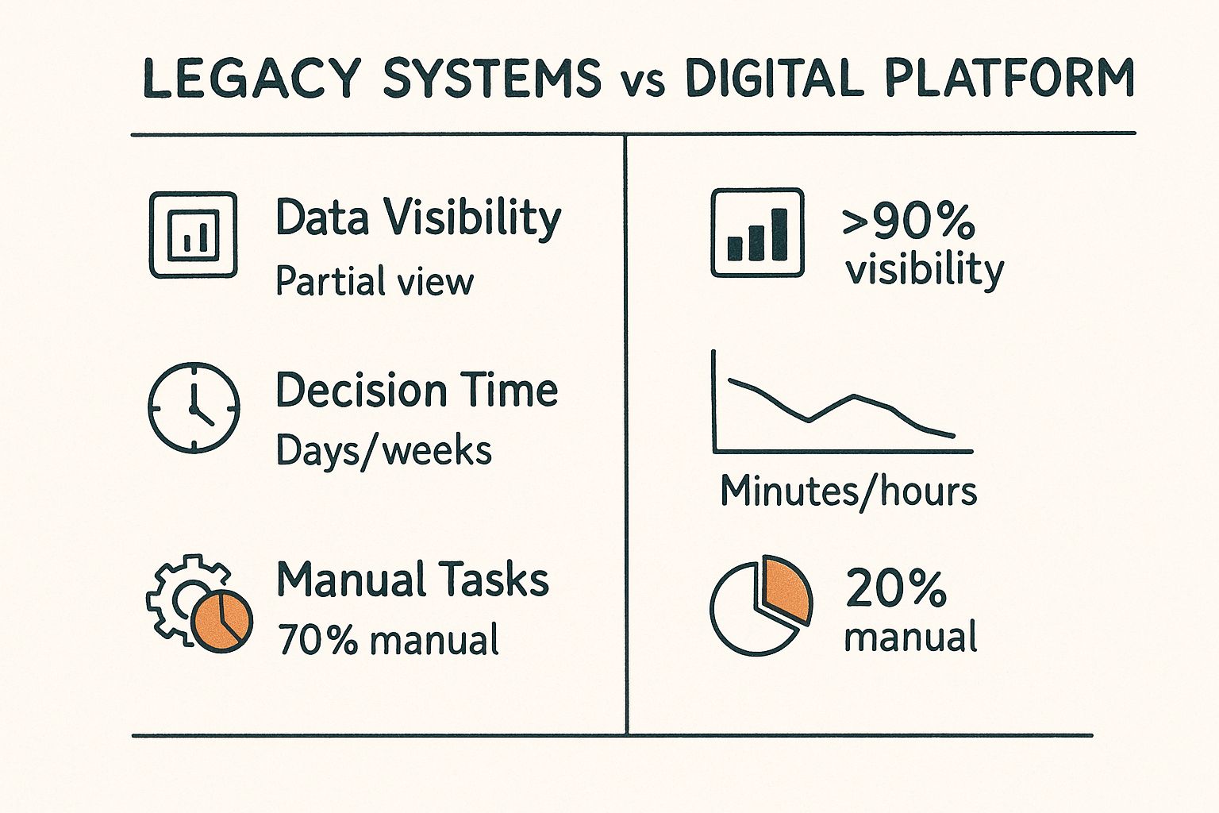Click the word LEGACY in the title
(252, 79)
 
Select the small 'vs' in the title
(643, 83)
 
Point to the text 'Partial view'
(374, 282)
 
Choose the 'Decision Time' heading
(417, 391)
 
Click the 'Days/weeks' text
(383, 451)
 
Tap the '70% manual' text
(388, 640)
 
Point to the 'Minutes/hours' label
(848, 491)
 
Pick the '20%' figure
(896, 588)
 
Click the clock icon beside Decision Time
(194, 407)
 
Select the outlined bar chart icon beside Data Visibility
(193, 234)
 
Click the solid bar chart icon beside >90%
(757, 233)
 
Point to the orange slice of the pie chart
(786, 589)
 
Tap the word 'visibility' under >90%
(925, 270)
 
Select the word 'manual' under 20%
(910, 638)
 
